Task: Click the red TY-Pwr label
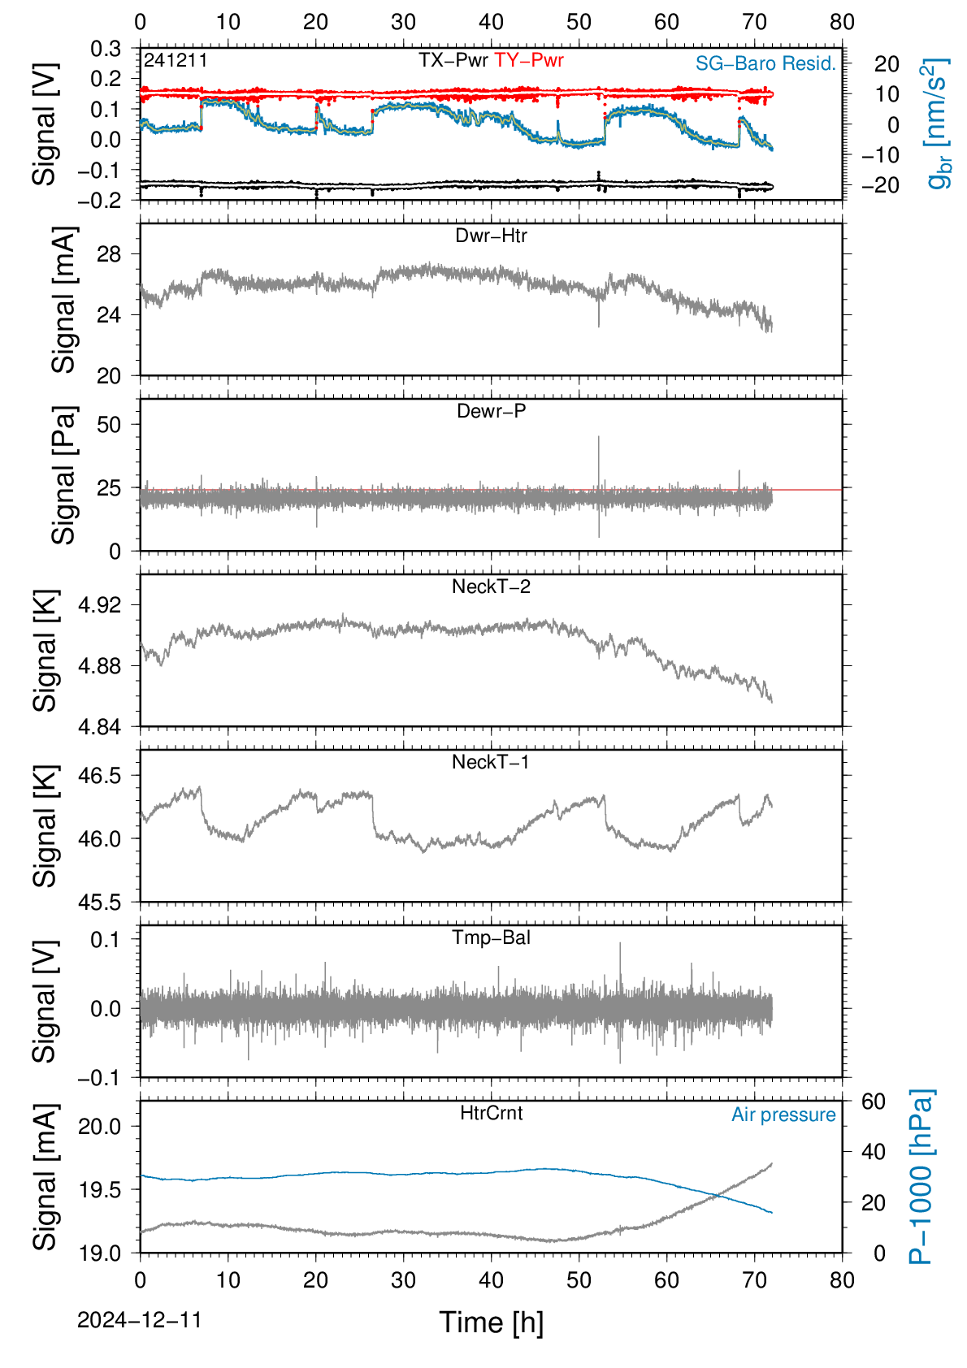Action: coord(528,60)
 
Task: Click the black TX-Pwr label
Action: coord(453,60)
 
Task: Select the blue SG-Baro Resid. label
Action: coord(766,63)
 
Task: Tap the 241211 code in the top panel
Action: coord(176,60)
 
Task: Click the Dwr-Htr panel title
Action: coord(491,236)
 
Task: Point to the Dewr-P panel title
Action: coord(491,411)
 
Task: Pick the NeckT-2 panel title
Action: coord(491,587)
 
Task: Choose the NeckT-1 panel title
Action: coord(491,761)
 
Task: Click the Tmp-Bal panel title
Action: coord(491,937)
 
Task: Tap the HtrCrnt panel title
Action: coord(491,1113)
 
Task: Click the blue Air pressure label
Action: coord(783,1115)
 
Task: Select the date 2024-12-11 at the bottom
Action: coord(139,1320)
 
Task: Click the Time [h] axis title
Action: coord(491,1323)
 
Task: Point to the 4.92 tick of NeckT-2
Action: coord(100,604)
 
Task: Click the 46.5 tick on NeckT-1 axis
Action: coord(100,776)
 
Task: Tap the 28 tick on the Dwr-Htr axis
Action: coord(110,254)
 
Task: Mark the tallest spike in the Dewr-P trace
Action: coord(599,437)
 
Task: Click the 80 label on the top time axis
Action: coord(842,22)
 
